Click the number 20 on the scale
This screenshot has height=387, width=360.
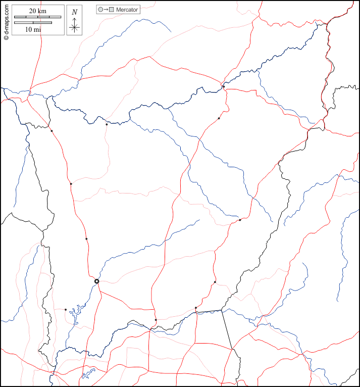point(33,11)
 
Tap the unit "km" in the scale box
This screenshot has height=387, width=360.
point(44,11)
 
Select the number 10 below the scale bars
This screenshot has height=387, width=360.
point(29,29)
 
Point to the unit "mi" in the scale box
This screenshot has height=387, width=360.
point(38,29)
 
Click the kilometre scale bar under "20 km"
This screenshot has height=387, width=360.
point(37,17)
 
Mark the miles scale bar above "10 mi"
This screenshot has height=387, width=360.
point(33,23)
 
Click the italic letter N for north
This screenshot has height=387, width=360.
point(75,12)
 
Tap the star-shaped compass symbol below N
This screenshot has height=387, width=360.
point(75,27)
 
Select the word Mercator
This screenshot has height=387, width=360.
point(127,10)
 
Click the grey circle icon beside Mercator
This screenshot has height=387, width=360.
point(100,10)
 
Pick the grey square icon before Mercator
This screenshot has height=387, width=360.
point(112,10)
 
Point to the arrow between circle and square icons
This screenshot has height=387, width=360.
point(106,10)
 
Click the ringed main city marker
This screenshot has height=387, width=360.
point(96,281)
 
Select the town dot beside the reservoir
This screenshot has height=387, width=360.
point(65,310)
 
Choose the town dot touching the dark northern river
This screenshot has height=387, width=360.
point(224,87)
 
